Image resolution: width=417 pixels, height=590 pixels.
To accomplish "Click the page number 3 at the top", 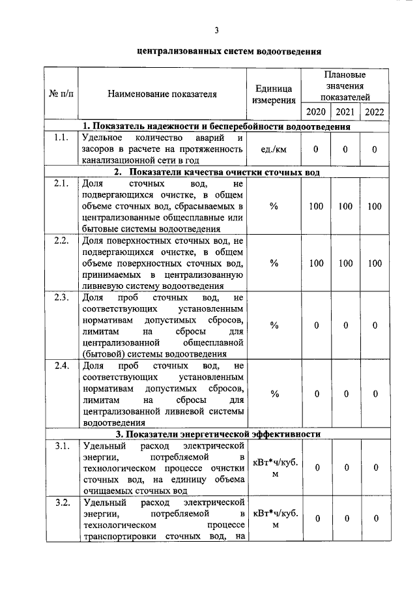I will pyautogui.click(x=218, y=30).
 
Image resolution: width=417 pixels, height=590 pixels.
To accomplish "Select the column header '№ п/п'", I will pyautogui.click(x=61, y=93).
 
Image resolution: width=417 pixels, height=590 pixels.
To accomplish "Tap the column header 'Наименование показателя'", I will pyautogui.click(x=162, y=93).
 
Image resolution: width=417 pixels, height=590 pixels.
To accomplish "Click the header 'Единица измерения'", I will pyautogui.click(x=274, y=93).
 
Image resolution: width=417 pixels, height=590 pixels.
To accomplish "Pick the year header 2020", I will pyautogui.click(x=316, y=111).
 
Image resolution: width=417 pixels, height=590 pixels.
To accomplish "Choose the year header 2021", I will pyautogui.click(x=345, y=111).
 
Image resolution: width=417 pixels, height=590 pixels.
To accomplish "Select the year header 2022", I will pyautogui.click(x=375, y=111).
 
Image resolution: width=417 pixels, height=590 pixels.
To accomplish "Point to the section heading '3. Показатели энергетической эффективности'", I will pyautogui.click(x=218, y=434).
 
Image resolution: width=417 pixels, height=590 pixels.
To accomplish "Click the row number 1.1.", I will pyautogui.click(x=61, y=138).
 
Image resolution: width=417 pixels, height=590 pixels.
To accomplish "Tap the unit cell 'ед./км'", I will pyautogui.click(x=274, y=149).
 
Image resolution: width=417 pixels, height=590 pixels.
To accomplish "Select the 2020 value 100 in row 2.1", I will pyautogui.click(x=316, y=206).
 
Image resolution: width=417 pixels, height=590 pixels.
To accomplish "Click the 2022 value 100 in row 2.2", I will pyautogui.click(x=375, y=263).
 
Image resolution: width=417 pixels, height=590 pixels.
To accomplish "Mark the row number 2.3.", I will pyautogui.click(x=61, y=298).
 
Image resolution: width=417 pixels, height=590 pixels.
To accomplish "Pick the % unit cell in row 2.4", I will pyautogui.click(x=274, y=394).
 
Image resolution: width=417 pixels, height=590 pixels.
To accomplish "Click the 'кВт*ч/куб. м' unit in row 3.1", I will pyautogui.click(x=274, y=467).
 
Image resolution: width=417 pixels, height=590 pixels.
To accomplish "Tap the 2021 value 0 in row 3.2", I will pyautogui.click(x=345, y=518).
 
